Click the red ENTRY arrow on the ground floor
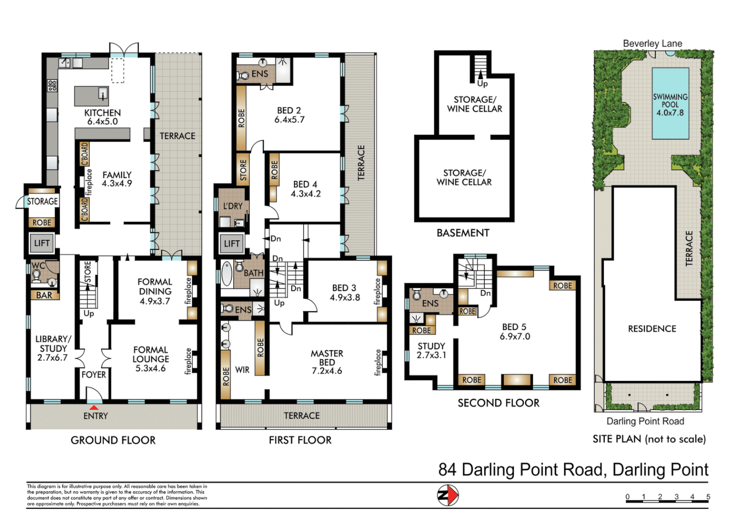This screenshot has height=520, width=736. (x=94, y=408)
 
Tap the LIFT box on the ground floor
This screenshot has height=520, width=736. (x=42, y=243)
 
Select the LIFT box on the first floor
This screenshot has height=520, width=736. (x=232, y=244)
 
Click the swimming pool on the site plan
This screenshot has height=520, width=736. (x=670, y=104)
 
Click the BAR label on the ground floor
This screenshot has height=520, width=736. (x=44, y=295)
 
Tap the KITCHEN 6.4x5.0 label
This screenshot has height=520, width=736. (x=103, y=117)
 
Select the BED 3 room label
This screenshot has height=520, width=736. (x=345, y=293)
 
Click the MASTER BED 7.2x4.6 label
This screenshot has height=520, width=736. (x=327, y=362)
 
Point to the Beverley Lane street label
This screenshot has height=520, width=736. (x=653, y=43)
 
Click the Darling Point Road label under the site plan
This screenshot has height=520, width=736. (x=645, y=421)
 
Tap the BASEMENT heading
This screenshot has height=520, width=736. (x=463, y=233)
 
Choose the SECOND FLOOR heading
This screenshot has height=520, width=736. (x=498, y=403)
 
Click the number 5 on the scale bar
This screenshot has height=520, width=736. (x=708, y=497)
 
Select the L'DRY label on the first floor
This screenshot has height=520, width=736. (x=233, y=206)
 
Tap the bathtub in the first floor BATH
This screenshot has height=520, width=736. (x=227, y=273)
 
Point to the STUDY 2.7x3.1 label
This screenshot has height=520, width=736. (x=431, y=351)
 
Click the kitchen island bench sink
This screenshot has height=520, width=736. (x=103, y=93)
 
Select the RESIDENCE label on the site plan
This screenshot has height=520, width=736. (x=652, y=328)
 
